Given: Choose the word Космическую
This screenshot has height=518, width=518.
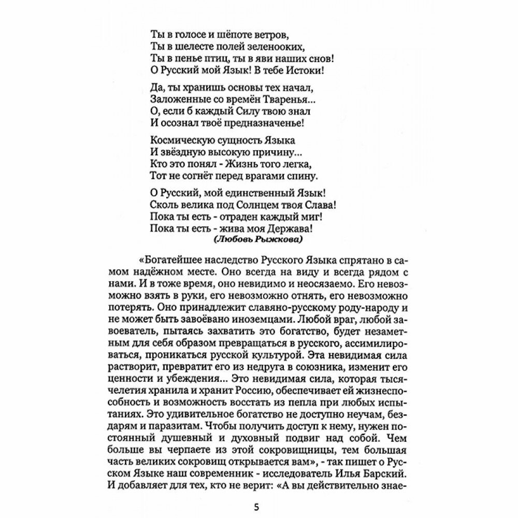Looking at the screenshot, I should click(176, 140).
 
